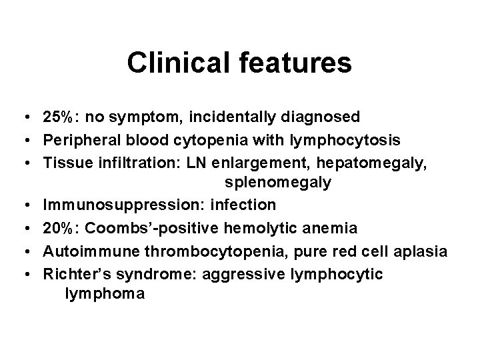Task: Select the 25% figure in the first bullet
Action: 58,117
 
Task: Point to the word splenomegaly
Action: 278,182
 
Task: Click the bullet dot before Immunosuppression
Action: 23,204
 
